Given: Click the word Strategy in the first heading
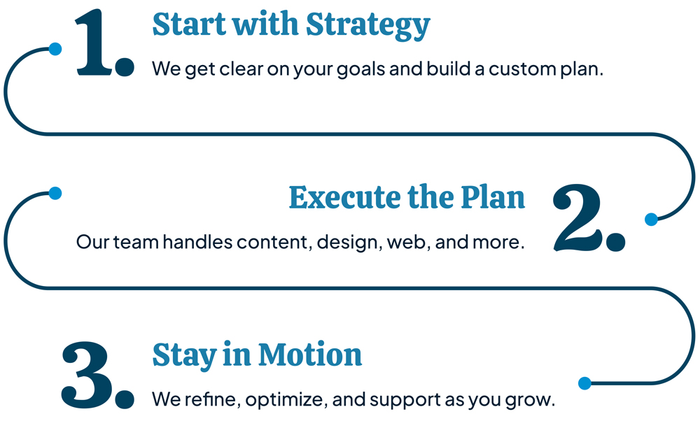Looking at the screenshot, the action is pos(368,25).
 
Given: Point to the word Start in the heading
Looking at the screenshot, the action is pos(189,24).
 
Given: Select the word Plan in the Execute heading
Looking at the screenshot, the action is pos(493,197).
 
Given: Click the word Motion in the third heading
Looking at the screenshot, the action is pos(310,355).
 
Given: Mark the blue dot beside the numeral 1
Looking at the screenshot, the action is pos(55,49).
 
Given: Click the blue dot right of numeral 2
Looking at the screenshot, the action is pos(651,220).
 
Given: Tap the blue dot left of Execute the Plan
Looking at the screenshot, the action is pos(55,193).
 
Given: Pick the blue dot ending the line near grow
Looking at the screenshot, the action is pos(584,383).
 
